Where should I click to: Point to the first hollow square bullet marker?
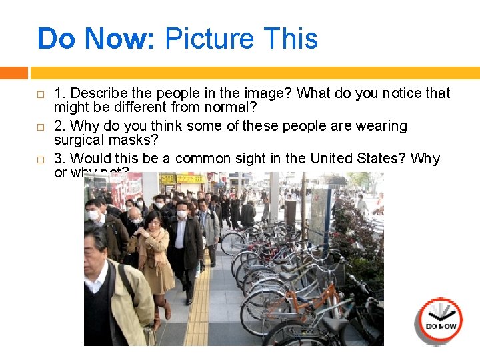40,94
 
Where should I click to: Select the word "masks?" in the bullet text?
137,140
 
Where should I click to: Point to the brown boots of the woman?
162,310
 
